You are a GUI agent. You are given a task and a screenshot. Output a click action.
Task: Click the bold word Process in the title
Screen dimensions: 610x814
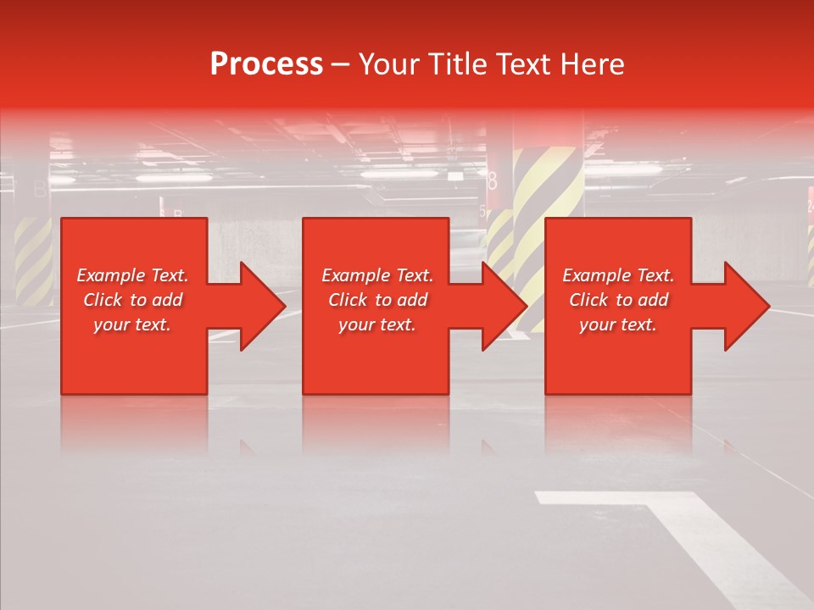(266, 64)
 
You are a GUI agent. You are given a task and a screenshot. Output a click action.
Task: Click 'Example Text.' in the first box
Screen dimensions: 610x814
(132, 275)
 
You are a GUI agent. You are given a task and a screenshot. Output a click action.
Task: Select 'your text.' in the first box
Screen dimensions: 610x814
(132, 324)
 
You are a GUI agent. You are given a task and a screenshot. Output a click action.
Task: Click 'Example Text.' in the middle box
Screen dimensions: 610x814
(377, 275)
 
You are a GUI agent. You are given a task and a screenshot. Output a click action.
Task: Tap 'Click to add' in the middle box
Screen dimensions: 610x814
(377, 300)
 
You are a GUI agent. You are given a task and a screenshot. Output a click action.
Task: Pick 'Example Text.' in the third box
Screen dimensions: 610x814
(618, 275)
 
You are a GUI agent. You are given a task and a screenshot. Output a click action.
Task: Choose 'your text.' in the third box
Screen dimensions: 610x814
(618, 324)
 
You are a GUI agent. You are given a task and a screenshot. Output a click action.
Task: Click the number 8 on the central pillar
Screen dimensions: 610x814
(493, 180)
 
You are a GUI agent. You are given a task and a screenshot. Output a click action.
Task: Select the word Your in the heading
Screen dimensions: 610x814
(389, 64)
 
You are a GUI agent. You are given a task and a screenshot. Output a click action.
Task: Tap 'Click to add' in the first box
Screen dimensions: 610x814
(132, 300)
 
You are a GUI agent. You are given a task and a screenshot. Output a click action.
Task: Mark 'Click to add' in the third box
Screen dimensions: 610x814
(618, 300)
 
